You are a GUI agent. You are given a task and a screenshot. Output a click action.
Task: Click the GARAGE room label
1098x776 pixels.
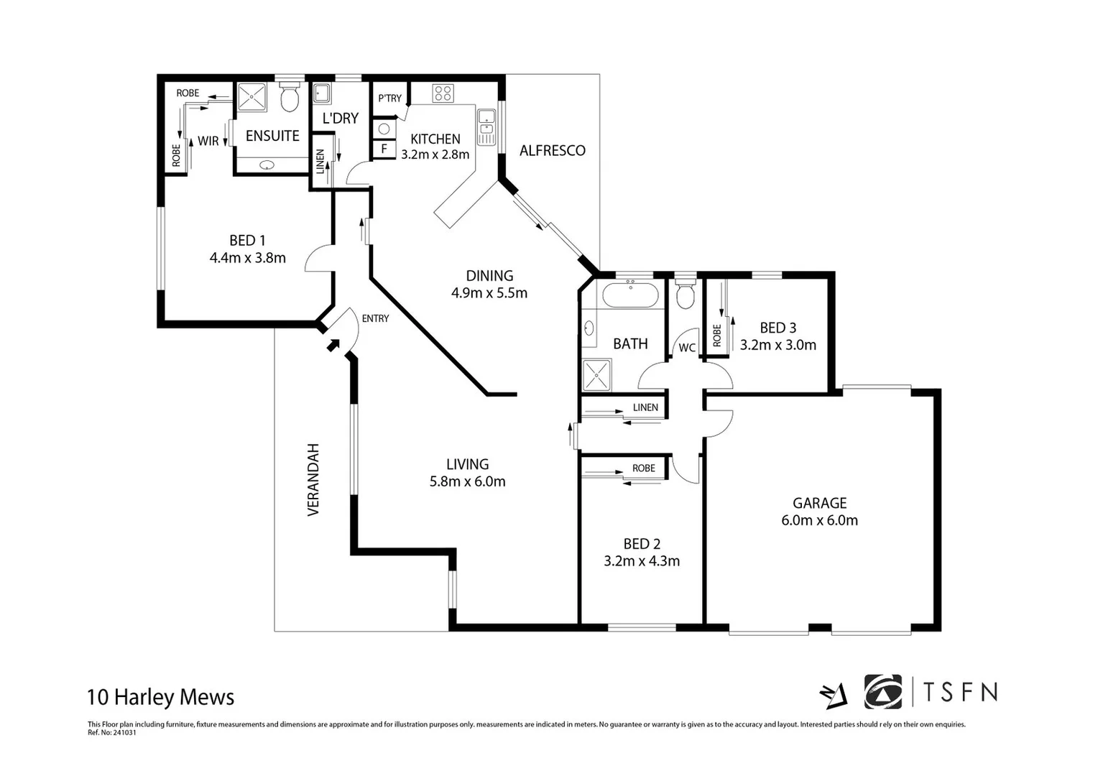tap(819, 503)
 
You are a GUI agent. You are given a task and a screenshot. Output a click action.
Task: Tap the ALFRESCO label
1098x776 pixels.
tap(552, 150)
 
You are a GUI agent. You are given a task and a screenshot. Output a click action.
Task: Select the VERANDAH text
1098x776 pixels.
tap(313, 479)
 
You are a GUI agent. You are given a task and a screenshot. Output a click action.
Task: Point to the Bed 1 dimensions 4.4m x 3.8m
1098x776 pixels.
tap(247, 258)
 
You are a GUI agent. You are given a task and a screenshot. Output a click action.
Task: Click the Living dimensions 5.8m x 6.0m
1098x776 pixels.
tap(467, 482)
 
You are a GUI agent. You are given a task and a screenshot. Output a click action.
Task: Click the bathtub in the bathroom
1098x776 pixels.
tap(629, 295)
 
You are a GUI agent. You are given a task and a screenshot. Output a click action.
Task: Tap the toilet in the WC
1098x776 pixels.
tap(686, 295)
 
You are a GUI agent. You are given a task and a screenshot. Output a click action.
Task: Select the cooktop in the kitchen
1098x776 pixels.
tap(443, 93)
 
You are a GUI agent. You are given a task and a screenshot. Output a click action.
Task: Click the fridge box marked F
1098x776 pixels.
tap(384, 149)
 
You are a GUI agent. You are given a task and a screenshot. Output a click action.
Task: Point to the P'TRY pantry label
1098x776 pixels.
tap(389, 98)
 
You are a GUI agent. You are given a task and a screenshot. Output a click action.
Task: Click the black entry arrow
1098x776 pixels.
tap(333, 345)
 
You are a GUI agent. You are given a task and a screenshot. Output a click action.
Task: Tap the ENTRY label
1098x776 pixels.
tap(375, 318)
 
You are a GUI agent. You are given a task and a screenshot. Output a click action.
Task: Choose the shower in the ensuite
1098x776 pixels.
tap(252, 97)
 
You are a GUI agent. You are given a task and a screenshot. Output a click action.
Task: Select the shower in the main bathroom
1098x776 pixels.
tap(596, 374)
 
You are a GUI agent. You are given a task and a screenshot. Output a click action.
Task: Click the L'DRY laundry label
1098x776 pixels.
tap(340, 119)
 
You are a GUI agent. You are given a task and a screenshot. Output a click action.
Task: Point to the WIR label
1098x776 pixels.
tap(208, 142)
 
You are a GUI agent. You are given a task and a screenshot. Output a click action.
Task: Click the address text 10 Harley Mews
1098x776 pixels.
tap(160, 697)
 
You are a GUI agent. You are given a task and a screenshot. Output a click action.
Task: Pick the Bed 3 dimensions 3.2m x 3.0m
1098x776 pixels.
tap(778, 345)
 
